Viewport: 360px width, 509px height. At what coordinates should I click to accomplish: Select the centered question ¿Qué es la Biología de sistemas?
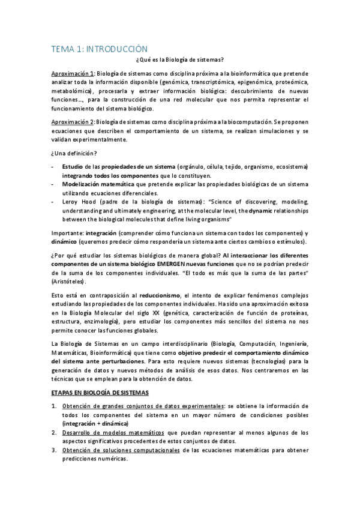click(180, 60)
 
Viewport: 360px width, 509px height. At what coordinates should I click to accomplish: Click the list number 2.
click(54, 432)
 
